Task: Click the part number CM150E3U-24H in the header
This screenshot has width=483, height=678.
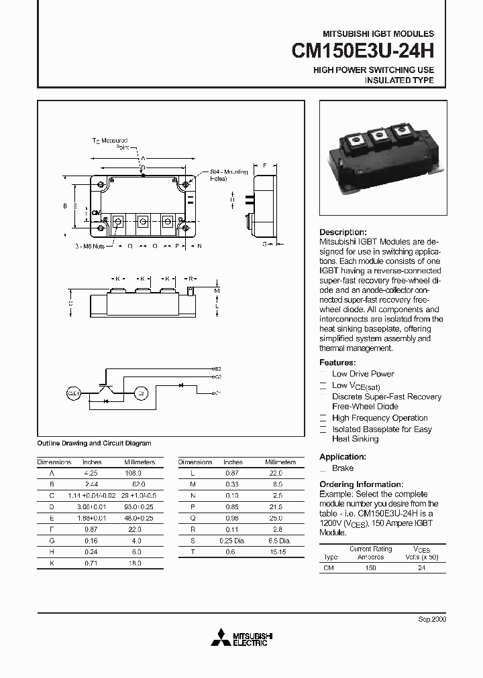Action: (363, 52)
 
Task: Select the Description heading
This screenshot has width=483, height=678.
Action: (343, 232)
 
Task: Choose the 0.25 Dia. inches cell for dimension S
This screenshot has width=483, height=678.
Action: (233, 541)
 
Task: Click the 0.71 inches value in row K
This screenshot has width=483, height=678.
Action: (92, 563)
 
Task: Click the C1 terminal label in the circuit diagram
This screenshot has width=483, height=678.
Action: (217, 393)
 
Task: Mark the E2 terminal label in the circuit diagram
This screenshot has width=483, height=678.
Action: (217, 369)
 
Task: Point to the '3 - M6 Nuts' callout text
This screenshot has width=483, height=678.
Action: (89, 246)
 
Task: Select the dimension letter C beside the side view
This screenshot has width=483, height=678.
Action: (70, 303)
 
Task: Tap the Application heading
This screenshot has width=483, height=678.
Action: (342, 457)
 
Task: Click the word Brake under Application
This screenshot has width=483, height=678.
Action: (343, 468)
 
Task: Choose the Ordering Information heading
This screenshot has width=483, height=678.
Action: (361, 484)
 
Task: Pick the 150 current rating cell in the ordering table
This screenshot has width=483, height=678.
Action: (370, 567)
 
